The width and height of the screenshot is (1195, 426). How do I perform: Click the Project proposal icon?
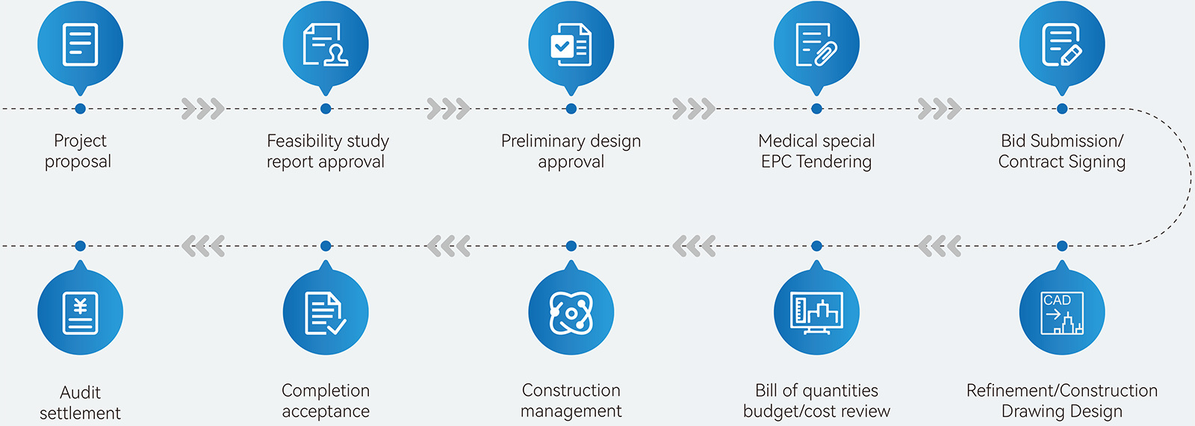(x=80, y=45)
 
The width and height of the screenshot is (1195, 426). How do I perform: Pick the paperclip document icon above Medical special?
(x=816, y=45)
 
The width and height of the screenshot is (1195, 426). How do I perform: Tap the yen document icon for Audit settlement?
(x=80, y=312)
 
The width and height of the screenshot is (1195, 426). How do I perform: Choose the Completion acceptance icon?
(x=326, y=312)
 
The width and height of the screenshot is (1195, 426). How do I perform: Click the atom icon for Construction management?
(x=571, y=312)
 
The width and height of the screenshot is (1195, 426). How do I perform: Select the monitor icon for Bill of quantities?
(x=816, y=312)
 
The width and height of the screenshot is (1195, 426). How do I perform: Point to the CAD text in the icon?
(x=1057, y=300)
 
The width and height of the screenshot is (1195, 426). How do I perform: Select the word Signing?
(x=1097, y=162)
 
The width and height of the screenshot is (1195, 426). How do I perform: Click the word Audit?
(x=80, y=392)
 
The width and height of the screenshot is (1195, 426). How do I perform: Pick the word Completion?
(x=326, y=390)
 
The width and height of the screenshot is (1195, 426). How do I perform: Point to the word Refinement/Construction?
(x=1061, y=390)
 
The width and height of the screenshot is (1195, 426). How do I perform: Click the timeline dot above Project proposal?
(x=80, y=109)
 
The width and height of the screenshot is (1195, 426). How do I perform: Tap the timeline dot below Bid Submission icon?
(x=1062, y=109)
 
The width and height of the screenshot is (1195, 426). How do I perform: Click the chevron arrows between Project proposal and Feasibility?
(x=202, y=109)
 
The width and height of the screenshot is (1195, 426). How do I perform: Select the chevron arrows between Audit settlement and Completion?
(x=202, y=246)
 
